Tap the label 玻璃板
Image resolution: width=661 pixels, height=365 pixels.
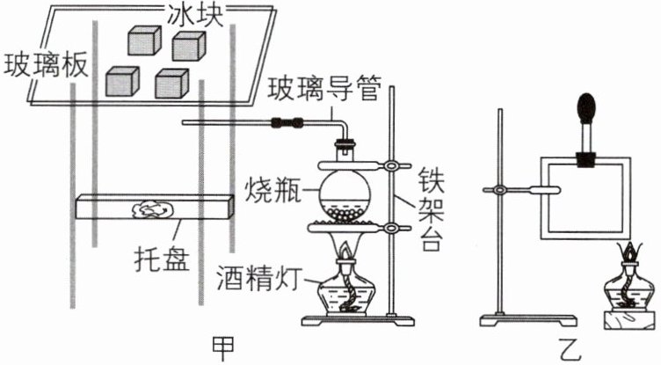pos(46,65)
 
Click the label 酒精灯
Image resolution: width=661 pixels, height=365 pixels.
pos(259,278)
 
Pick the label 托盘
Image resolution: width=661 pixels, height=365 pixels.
pos(162,259)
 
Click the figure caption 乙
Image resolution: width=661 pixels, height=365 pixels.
pos(570,350)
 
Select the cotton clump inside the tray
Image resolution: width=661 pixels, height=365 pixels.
pos(153,209)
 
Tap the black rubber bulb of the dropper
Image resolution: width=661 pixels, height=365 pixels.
pos(586,107)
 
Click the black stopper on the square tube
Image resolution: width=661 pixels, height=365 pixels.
pos(586,161)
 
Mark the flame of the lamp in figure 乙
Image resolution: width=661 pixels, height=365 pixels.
pos(630,252)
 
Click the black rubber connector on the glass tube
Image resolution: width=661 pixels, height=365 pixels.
pos(287,123)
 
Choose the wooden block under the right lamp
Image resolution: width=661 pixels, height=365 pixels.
pos(629,320)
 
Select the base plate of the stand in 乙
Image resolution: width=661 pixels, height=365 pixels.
pos(528,320)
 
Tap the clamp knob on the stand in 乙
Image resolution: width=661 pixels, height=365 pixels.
pos(500,190)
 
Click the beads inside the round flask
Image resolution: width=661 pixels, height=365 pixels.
pos(345,214)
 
